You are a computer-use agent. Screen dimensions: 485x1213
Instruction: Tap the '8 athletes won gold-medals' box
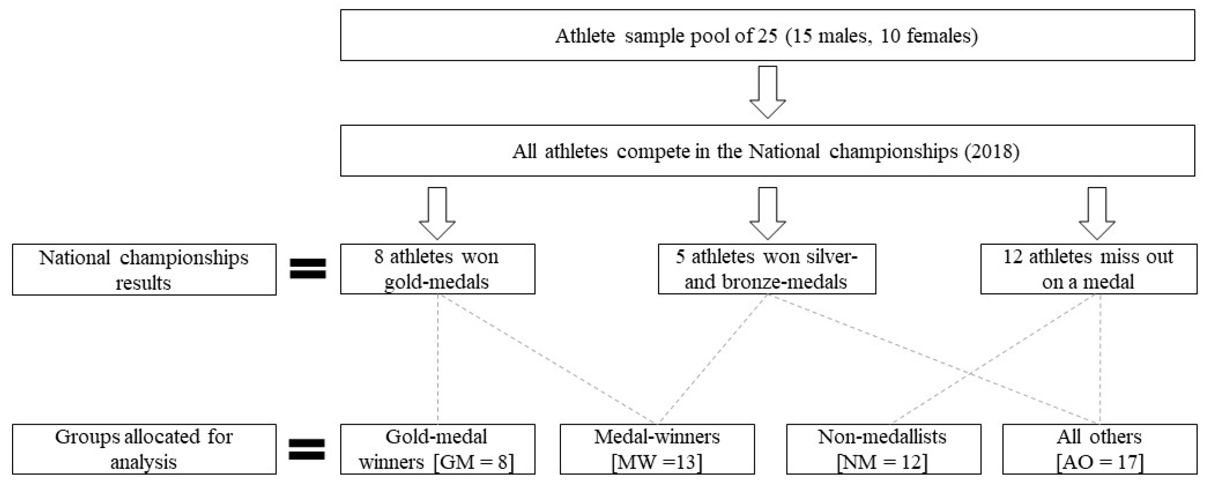point(437,269)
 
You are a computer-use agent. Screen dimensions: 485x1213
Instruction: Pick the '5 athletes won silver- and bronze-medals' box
point(767,269)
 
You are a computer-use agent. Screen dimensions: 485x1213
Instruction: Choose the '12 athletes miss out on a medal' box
point(1088,269)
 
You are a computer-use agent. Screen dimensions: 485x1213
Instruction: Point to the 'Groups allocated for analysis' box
point(144,449)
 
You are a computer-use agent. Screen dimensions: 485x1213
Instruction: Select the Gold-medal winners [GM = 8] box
point(437,449)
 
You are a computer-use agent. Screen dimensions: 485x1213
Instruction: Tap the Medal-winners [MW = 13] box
point(657,449)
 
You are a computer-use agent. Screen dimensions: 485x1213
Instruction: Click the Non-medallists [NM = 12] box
point(883,449)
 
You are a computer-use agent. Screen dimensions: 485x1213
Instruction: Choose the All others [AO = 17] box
point(1100,449)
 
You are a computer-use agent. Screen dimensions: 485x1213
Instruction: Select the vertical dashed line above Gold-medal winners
point(438,358)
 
